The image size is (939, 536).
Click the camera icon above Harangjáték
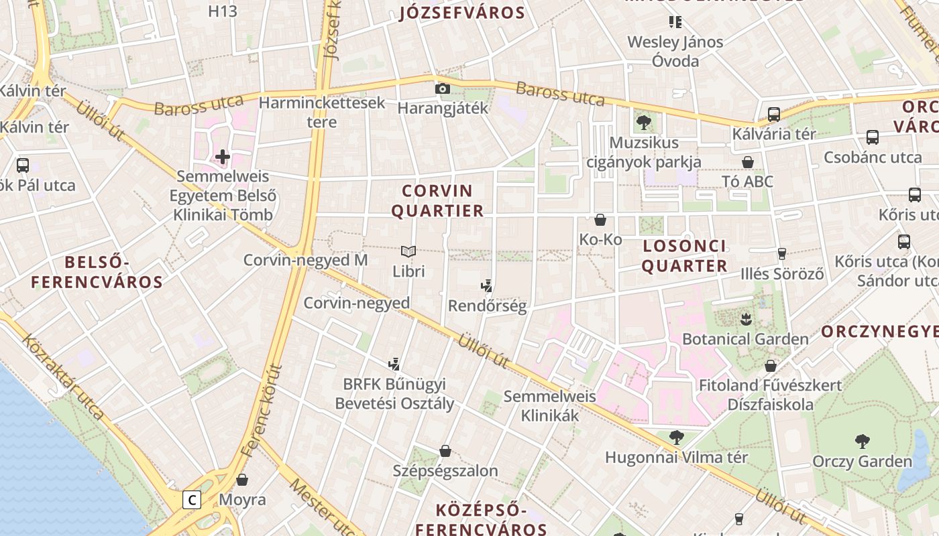coord(442,88)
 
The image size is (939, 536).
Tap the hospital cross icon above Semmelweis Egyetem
coord(223,157)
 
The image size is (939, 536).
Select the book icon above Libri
coord(408,252)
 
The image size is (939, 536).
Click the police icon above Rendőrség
coord(487,287)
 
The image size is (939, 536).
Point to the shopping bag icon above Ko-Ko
coord(600,220)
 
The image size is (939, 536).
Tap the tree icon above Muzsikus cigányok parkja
coord(644,123)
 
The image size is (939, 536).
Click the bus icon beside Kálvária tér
coord(773,115)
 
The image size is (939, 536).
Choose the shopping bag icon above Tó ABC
coord(748,162)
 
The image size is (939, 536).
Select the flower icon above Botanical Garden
coord(745,319)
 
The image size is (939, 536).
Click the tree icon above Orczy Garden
coord(863,442)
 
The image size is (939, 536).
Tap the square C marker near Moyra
coord(192,499)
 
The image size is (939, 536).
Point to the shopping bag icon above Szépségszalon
coord(445,451)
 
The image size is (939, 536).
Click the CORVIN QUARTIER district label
coord(437,201)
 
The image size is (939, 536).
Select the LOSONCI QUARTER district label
coord(684,256)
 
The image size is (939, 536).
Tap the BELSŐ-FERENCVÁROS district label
coord(97,272)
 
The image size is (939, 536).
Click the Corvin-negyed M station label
coord(305,260)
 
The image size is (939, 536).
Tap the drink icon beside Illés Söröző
coord(781,254)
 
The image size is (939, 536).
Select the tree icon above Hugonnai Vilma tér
coord(677,438)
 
